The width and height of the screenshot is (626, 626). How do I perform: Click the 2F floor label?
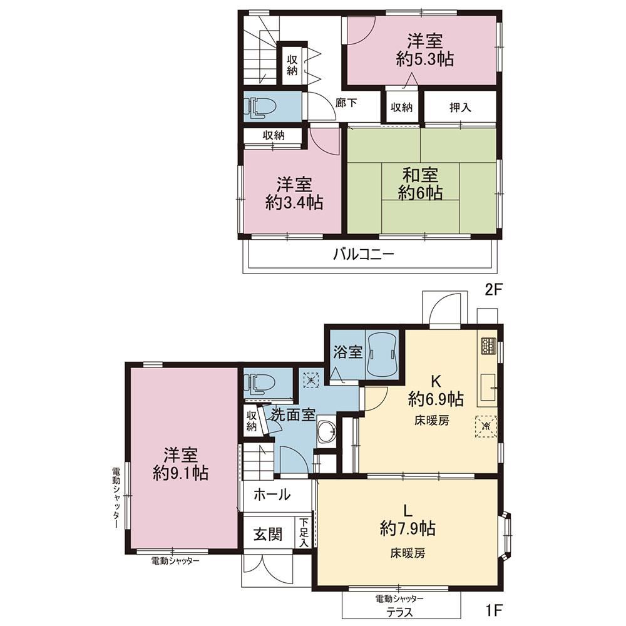tap(493, 289)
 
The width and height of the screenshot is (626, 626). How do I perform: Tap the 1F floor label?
tap(493, 610)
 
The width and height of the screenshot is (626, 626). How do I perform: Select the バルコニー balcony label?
tap(364, 254)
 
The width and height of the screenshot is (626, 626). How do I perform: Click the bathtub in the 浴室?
tap(382, 355)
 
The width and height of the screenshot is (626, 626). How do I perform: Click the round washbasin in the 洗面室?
tap(327, 432)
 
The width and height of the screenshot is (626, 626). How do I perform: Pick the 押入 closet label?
tap(460, 107)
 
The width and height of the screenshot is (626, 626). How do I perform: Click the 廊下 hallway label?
tap(346, 103)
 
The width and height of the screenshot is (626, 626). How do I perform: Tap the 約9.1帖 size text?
tap(180, 473)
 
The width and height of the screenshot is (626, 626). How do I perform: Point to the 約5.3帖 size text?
tap(425, 59)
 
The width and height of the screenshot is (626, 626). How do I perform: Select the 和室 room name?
tap(420, 175)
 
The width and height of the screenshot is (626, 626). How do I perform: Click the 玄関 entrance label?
tap(268, 534)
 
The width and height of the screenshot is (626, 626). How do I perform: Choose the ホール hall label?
tap(272, 495)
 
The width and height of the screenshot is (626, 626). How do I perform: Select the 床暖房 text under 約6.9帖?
tap(431, 420)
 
